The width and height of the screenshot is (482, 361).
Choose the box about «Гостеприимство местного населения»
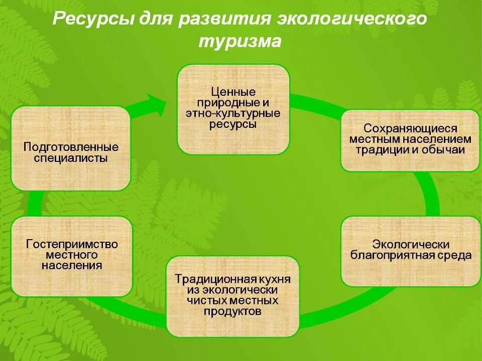(x=72, y=256)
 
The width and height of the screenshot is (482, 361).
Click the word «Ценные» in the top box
(x=233, y=92)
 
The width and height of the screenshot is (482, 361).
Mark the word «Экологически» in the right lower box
(x=410, y=245)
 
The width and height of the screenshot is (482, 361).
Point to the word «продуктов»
(x=233, y=311)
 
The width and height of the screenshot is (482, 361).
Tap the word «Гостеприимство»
(x=72, y=245)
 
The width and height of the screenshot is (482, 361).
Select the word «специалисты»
(x=71, y=158)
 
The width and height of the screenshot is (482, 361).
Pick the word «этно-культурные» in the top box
(x=233, y=114)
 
